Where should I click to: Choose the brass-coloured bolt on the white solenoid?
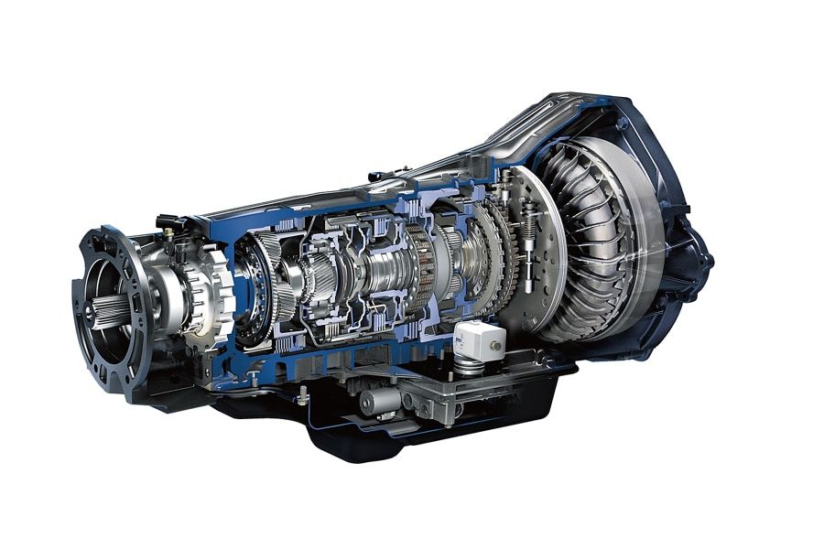tap(492, 347)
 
